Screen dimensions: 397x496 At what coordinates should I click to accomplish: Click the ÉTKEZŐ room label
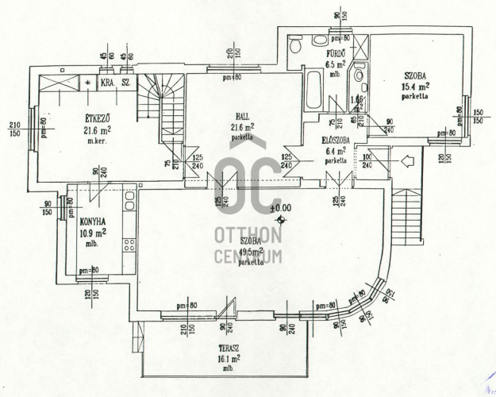[96, 120]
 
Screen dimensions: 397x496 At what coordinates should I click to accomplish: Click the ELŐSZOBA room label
[336, 140]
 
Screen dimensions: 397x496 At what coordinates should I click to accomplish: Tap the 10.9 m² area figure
[93, 234]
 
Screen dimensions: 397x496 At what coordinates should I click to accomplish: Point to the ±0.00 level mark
[281, 208]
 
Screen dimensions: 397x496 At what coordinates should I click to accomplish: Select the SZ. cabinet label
[127, 83]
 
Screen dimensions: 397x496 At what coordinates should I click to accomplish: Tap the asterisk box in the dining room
[87, 82]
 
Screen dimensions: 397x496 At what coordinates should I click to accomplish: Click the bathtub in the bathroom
[313, 91]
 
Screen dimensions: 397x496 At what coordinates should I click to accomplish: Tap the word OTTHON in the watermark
[248, 236]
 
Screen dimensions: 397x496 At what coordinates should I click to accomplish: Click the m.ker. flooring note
[98, 141]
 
